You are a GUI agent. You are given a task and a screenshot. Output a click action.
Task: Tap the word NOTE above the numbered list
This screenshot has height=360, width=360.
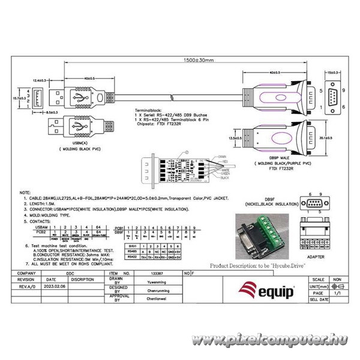coord(25,193)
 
